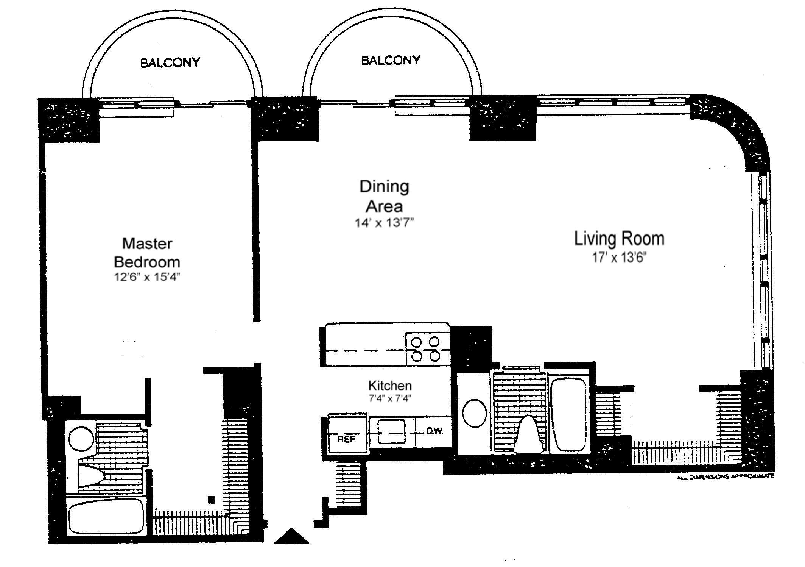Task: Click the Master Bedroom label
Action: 147,253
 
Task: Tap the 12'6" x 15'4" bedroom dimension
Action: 147,277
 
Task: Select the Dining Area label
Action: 384,196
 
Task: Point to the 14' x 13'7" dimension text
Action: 384,223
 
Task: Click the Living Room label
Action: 619,239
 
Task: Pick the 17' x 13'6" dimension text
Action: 619,258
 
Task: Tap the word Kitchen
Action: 390,386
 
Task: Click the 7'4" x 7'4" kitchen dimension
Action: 390,398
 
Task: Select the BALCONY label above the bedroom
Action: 170,62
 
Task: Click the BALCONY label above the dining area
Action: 391,60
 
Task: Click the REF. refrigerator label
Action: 347,440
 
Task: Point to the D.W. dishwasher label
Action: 434,431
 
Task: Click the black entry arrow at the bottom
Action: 291,537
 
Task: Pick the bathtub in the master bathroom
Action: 106,517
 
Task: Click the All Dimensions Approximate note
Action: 725,476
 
